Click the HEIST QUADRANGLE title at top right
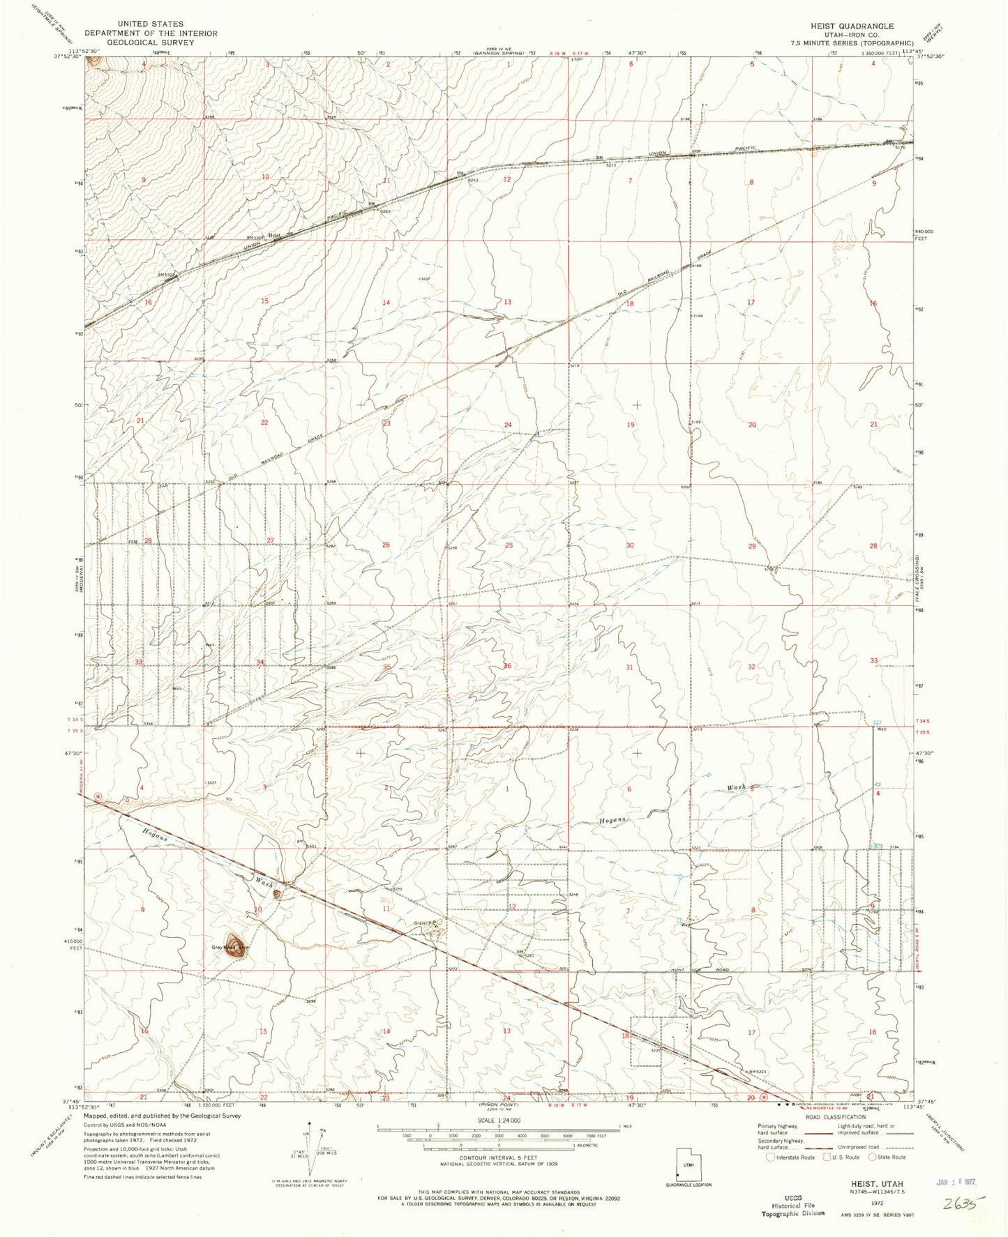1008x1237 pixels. (851, 26)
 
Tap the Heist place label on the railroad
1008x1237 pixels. (276, 236)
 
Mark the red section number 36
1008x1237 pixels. (507, 666)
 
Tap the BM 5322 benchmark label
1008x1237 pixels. (167, 275)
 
